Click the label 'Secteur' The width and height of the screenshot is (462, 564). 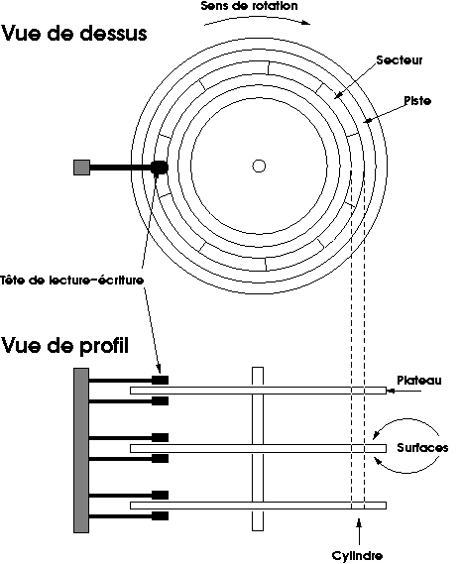tap(400, 60)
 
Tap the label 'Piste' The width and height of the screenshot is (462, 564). tap(417, 100)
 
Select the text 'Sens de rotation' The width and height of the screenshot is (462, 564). tap(250, 6)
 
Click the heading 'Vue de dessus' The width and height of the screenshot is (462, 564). tap(74, 33)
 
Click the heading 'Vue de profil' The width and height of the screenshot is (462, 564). tap(65, 345)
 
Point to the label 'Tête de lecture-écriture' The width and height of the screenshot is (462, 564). tap(72, 280)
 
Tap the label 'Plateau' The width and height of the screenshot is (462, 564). tap(419, 381)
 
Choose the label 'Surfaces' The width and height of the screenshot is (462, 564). tap(422, 447)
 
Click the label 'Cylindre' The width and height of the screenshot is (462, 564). tap(357, 555)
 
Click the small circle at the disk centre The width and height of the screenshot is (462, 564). tap(259, 166)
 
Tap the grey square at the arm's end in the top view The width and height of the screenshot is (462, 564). tap(81, 168)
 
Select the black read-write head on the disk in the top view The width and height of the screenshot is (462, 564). tap(159, 168)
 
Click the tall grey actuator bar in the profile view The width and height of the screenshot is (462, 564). tap(81, 450)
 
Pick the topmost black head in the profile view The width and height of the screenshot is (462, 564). tap(161, 380)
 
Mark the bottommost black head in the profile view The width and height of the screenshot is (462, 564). tap(161, 516)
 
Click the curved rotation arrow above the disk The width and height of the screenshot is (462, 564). tap(257, 19)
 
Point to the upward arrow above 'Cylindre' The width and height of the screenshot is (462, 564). tap(359, 531)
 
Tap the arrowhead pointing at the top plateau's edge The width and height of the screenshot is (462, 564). tap(390, 391)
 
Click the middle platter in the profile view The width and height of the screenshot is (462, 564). tap(258, 449)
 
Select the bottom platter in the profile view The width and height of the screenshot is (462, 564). tap(258, 506)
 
